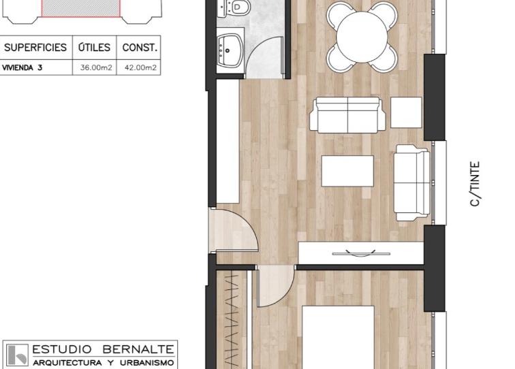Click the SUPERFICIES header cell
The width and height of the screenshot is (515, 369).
click(35, 47)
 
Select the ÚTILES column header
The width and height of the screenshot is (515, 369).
click(94, 47)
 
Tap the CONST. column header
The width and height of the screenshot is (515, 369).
click(140, 48)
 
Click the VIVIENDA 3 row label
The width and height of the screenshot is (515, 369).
click(22, 67)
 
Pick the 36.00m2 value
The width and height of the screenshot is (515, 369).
click(96, 67)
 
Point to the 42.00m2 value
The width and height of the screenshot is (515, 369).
click(140, 67)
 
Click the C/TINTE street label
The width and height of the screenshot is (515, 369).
click(475, 184)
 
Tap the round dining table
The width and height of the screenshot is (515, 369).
click(362, 37)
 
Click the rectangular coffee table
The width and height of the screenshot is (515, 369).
click(347, 171)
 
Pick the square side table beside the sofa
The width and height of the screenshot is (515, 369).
click(406, 112)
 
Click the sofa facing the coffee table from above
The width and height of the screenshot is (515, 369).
click(347, 115)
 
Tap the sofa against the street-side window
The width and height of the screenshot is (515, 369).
click(412, 183)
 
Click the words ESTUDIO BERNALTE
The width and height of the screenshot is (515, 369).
click(103, 349)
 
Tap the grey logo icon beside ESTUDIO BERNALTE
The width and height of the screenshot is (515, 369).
click(18, 355)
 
